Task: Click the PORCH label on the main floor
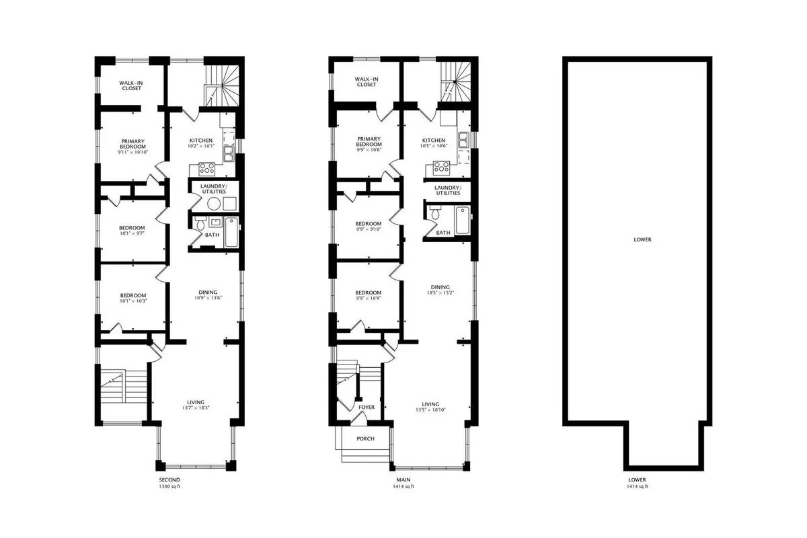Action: coord(365,438)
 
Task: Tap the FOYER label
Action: coord(367,407)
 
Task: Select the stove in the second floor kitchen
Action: coord(207,169)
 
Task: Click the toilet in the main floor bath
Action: coord(435,213)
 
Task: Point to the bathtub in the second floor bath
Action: coord(231,232)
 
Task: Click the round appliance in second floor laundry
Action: coord(214,204)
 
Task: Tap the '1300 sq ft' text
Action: coord(169,486)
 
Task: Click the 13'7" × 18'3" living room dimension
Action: coord(196,408)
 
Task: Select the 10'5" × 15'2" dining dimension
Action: coord(440,293)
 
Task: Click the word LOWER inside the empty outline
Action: coord(642,239)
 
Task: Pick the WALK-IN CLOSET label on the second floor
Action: coord(132,85)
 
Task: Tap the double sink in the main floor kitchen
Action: coord(463,140)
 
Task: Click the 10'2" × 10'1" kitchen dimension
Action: coord(201,146)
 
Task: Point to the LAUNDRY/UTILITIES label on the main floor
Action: coord(448,190)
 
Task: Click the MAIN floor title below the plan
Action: coord(403,479)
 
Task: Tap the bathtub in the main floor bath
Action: coord(463,220)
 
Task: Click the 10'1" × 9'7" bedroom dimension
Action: coord(132,233)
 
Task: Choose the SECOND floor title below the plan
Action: coord(169,479)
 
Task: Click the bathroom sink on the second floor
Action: coord(215,222)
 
